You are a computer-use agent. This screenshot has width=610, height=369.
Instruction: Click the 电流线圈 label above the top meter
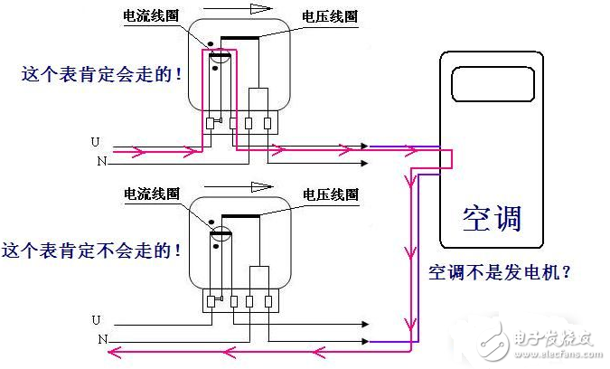tap(151, 16)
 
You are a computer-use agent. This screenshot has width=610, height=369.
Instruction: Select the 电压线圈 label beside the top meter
tap(331, 16)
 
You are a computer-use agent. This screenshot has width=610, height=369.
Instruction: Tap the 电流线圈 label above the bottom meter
tap(151, 194)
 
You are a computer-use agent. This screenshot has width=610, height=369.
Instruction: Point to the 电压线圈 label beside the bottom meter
tap(331, 194)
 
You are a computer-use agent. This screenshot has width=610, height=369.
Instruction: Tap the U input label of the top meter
tap(96, 142)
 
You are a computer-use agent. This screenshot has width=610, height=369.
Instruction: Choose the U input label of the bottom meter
tap(96, 319)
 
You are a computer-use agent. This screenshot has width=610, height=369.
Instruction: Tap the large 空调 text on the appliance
tap(492, 218)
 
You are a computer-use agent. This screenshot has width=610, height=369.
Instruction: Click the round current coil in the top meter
tap(217, 61)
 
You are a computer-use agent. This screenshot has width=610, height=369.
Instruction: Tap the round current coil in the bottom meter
tap(217, 238)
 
